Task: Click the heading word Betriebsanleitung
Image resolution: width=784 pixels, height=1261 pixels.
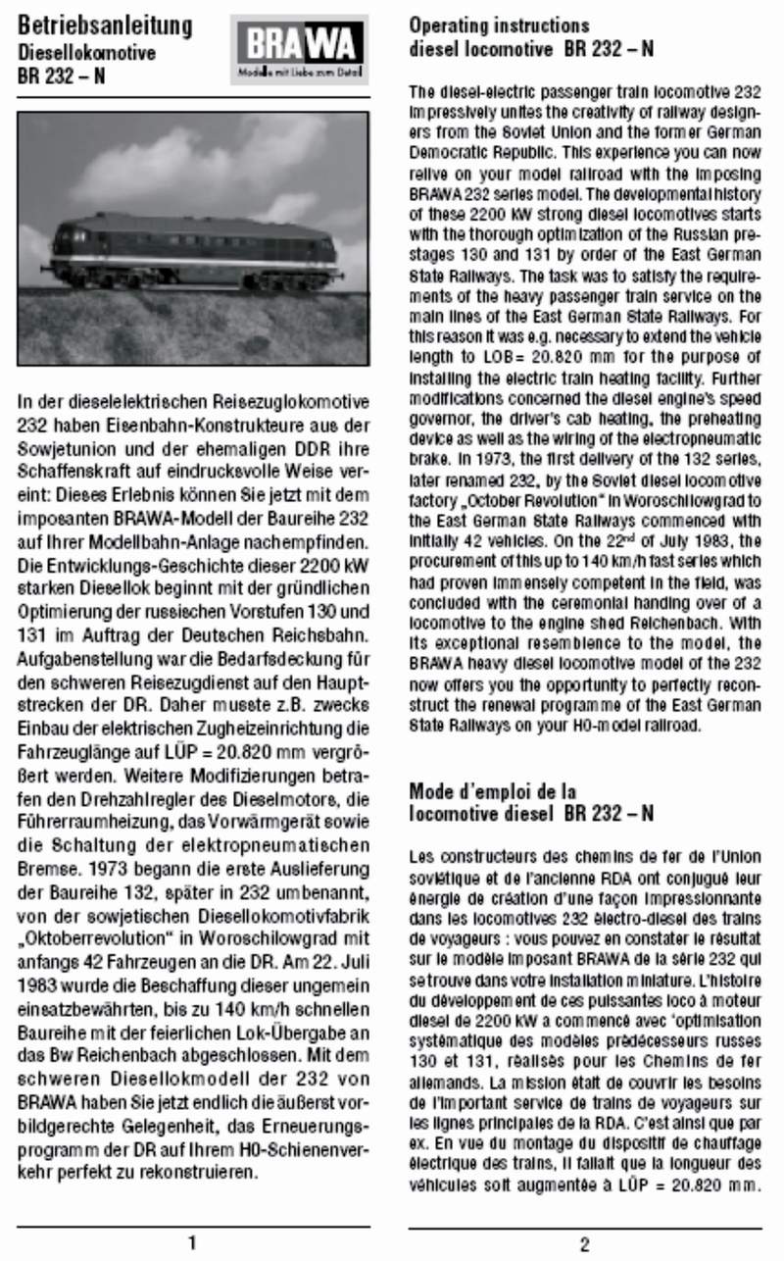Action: [105, 26]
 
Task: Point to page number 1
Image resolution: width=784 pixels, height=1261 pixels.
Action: [192, 1243]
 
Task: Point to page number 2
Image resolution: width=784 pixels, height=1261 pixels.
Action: [585, 1244]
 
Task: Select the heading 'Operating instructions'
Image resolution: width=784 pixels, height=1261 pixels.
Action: [499, 25]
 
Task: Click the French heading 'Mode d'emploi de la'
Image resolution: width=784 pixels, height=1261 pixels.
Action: [492, 790]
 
